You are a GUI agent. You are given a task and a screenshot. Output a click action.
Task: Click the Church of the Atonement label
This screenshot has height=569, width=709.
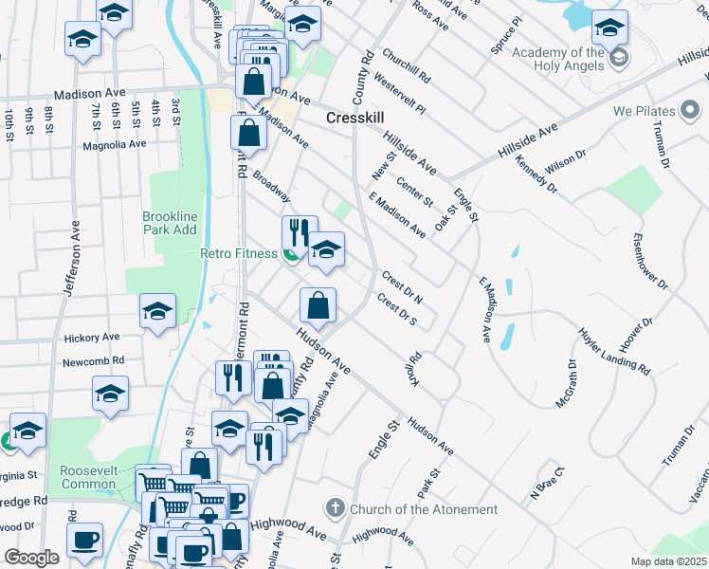pos(423,509)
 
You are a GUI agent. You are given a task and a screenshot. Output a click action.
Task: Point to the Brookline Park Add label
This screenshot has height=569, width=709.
pos(170,223)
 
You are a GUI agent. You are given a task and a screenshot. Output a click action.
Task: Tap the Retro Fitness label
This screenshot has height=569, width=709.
pos(239,253)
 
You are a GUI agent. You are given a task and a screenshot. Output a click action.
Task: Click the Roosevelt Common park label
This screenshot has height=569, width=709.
pos(88,477)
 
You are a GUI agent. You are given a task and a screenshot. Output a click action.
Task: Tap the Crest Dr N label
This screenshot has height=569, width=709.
pos(402,285)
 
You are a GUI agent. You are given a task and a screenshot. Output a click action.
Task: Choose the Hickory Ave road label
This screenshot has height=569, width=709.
pos(92,337)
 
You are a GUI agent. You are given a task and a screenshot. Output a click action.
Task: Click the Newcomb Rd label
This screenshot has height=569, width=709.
pos(94,360)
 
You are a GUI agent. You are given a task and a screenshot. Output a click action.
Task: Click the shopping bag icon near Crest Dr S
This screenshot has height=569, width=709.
pos(318,305)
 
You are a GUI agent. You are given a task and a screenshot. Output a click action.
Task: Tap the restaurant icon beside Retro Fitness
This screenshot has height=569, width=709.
pos(298,231)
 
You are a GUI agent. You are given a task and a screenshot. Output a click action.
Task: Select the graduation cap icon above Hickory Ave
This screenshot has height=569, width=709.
pos(157,310)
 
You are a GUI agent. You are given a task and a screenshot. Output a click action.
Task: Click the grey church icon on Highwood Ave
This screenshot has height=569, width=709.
pos(334,509)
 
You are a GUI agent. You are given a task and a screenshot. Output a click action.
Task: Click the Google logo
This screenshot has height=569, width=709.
pos(31,558)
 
